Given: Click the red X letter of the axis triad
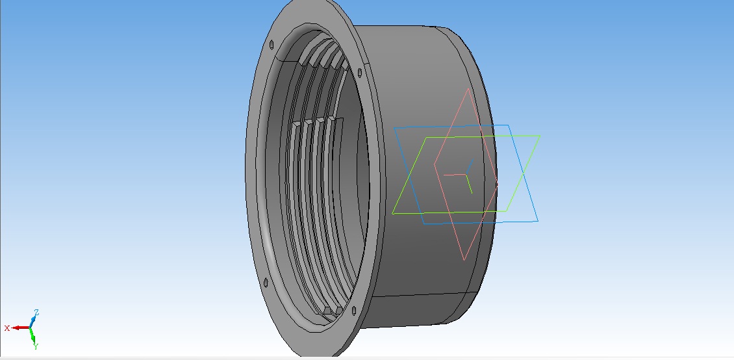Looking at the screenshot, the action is [7, 328].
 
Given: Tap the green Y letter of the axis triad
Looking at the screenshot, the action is [36, 346].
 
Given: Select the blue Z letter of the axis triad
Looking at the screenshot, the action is [36, 313].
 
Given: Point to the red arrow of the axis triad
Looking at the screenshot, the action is [21, 328].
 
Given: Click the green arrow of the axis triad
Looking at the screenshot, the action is [32, 335].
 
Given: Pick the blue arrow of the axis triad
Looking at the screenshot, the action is [33, 321].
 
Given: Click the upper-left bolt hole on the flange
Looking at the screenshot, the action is [272, 44].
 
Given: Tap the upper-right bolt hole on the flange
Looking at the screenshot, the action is [359, 73].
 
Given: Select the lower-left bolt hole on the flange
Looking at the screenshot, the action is [266, 282].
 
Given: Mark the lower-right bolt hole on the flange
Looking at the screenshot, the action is [353, 310].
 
